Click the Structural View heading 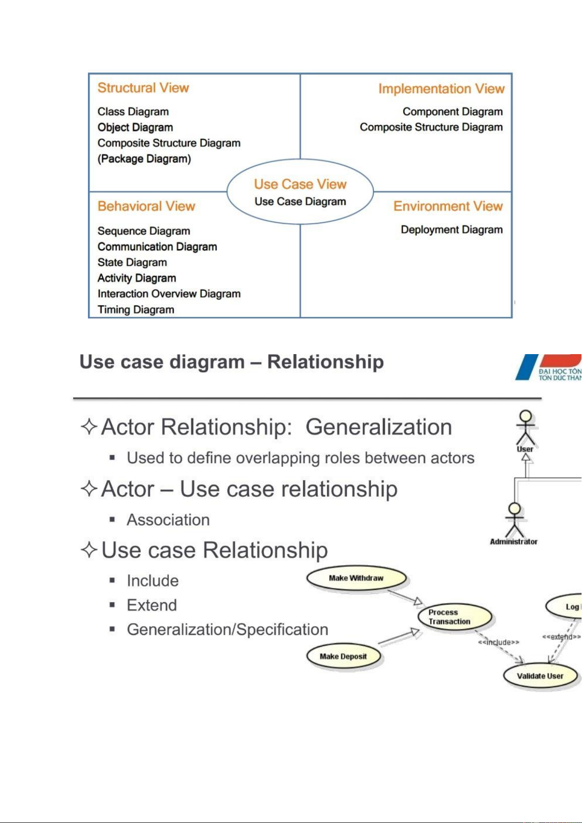click(143, 88)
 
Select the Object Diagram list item click(135, 127)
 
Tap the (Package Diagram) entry click(144, 159)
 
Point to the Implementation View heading click(441, 89)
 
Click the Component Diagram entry click(452, 112)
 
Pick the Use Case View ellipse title click(300, 184)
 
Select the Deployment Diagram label click(451, 230)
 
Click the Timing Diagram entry click(136, 310)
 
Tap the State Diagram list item click(132, 262)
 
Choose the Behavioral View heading click(146, 206)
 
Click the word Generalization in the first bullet click(378, 427)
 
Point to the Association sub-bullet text click(168, 520)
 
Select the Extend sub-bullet click(151, 605)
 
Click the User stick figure click(525, 427)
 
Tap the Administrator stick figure click(514, 520)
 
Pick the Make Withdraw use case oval click(356, 578)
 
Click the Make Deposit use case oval click(343, 656)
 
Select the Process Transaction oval click(455, 617)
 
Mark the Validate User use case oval click(540, 676)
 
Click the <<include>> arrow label click(499, 642)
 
